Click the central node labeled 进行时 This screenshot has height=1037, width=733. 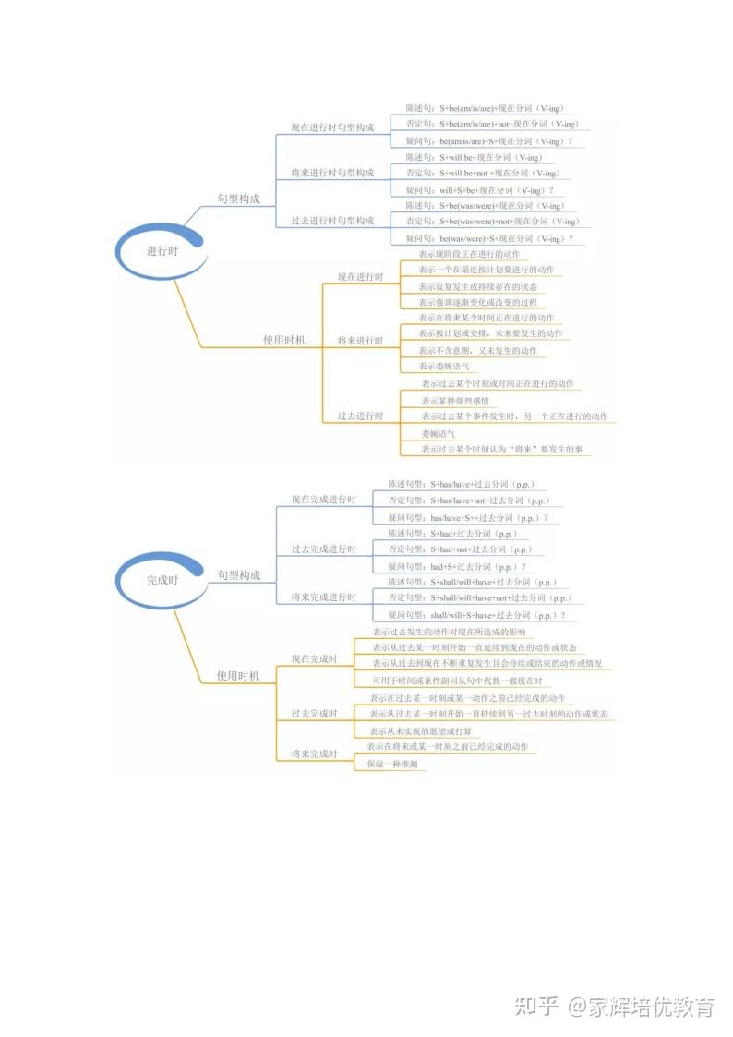(162, 251)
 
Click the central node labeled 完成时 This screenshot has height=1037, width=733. (162, 581)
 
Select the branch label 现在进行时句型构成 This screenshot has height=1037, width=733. (332, 127)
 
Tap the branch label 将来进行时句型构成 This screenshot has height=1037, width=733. (332, 174)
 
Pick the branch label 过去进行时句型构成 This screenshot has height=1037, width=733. (332, 222)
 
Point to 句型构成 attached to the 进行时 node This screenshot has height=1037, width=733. (239, 199)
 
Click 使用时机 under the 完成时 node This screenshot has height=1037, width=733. (238, 676)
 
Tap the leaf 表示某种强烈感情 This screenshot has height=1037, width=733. (455, 401)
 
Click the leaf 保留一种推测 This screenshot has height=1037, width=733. (392, 765)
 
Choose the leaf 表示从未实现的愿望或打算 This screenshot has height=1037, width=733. (420, 731)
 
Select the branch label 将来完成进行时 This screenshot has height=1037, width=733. (323, 597)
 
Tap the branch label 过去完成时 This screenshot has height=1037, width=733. (314, 714)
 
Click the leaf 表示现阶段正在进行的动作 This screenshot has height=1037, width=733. (469, 254)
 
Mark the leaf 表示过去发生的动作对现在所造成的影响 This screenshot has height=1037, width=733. (450, 633)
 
